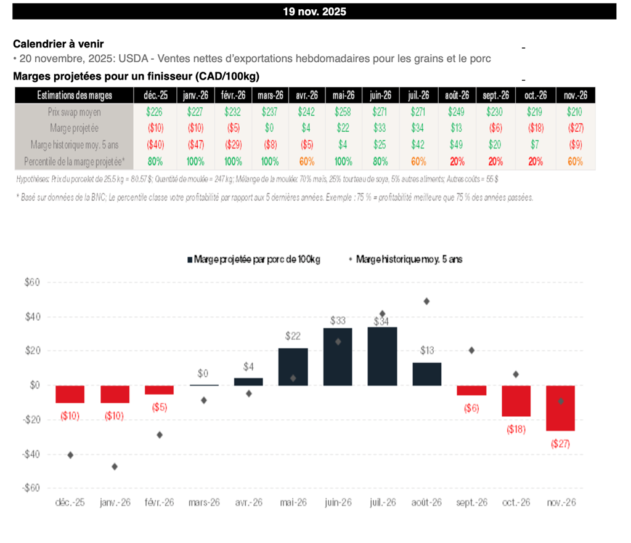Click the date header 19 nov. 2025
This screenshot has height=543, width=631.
pos(314,12)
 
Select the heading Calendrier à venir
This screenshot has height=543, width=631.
pos(59,44)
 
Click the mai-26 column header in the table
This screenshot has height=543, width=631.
pos(343,95)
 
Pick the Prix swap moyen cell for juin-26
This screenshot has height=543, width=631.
pos(381,112)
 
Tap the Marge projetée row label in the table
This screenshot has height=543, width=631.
pos(74,128)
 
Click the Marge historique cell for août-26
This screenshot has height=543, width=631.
pos(457,145)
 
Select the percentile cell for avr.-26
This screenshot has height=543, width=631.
pos(306,161)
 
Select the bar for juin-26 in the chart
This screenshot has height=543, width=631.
pos(338,357)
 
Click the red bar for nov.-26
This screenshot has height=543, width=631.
pos(561,408)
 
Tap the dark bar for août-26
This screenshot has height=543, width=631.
pos(427,374)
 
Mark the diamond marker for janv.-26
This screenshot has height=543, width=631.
pos(115,467)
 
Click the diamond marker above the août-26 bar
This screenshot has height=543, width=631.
pos(426,301)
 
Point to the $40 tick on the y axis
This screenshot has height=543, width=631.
pos(32,317)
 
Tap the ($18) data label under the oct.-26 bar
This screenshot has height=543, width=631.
pos(516,429)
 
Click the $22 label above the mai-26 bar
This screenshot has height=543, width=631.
pos(293,336)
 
